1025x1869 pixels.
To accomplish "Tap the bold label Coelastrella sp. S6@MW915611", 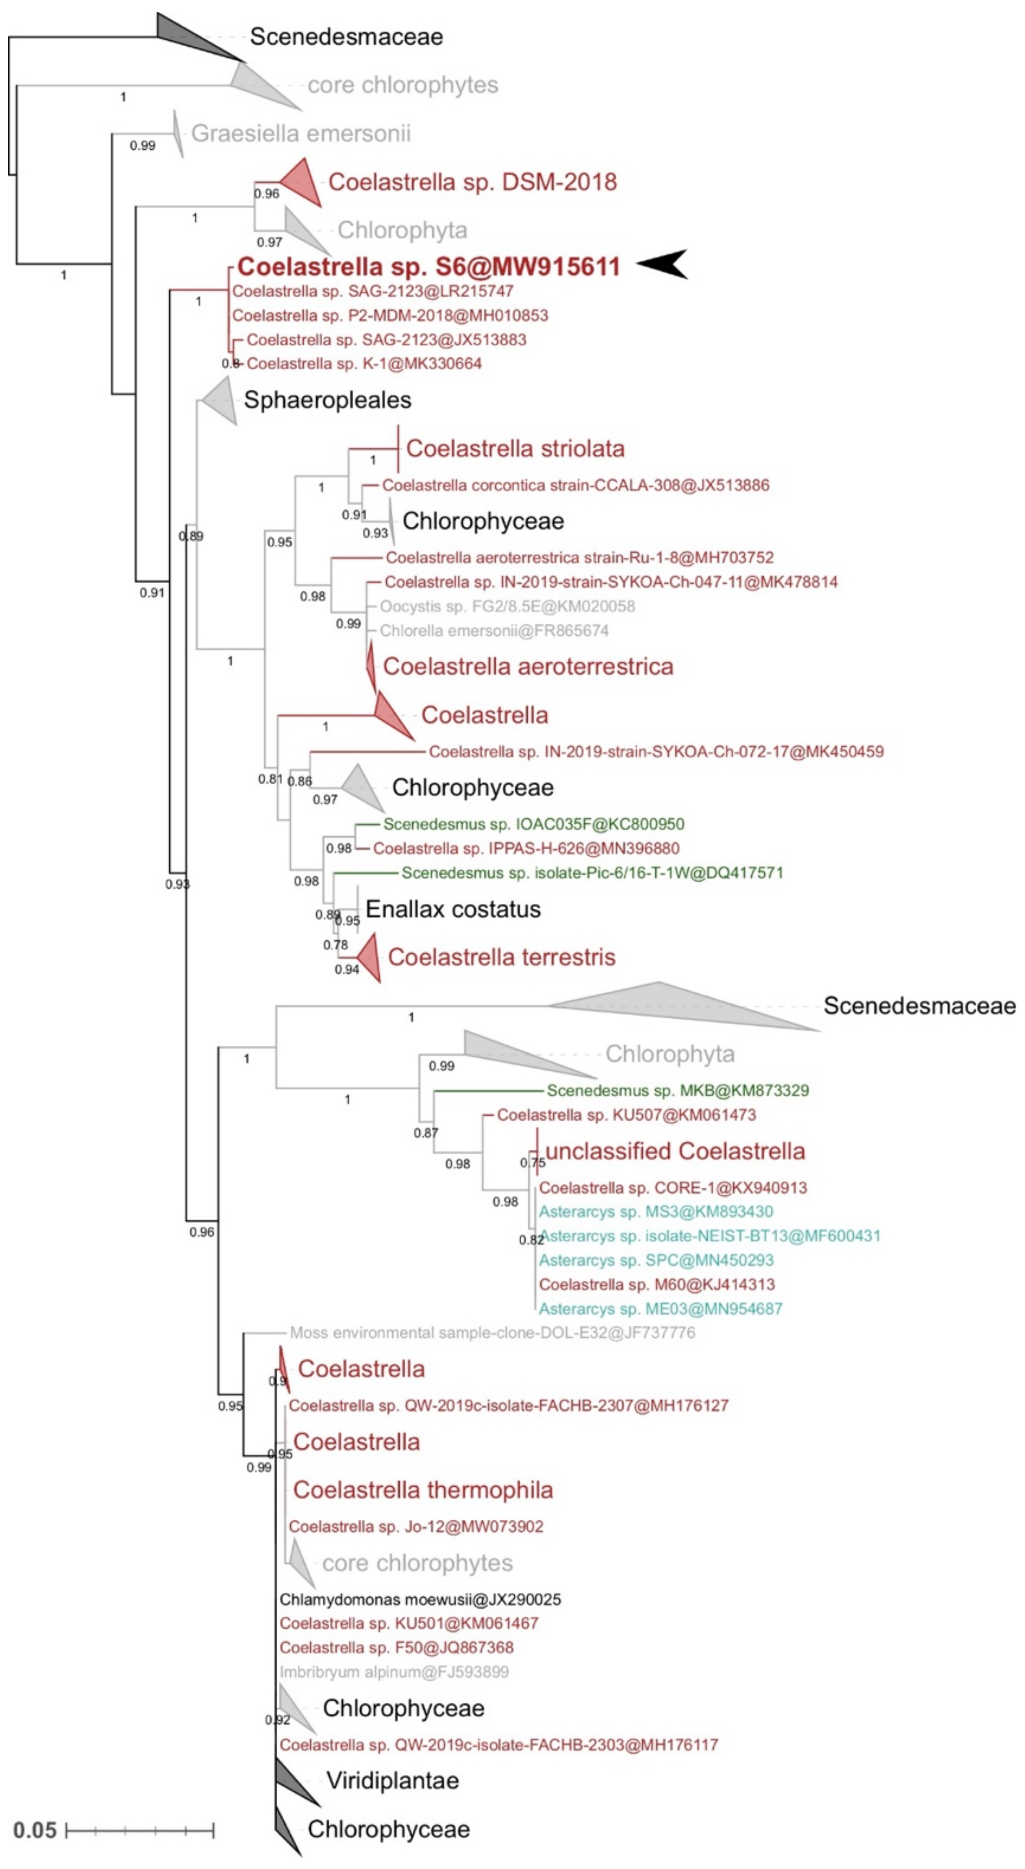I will pyautogui.click(x=429, y=266).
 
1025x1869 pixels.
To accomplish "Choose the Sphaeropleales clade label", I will pyautogui.click(x=327, y=400).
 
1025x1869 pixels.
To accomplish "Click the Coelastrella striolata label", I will pyautogui.click(x=515, y=448).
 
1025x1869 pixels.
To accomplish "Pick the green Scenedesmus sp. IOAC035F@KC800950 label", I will pyautogui.click(x=534, y=824).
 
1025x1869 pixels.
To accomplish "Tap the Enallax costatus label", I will pyautogui.click(x=453, y=909).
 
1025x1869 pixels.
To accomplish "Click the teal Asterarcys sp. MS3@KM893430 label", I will pyautogui.click(x=656, y=1212).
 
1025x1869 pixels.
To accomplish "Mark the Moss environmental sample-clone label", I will pyautogui.click(x=492, y=1333).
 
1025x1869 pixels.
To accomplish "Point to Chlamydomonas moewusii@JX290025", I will pyautogui.click(x=420, y=1599).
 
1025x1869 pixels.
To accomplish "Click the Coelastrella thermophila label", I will pyautogui.click(x=423, y=1490).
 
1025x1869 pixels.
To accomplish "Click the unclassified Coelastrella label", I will pyautogui.click(x=675, y=1151).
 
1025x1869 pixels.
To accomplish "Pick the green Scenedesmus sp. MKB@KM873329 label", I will pyautogui.click(x=677, y=1091).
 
